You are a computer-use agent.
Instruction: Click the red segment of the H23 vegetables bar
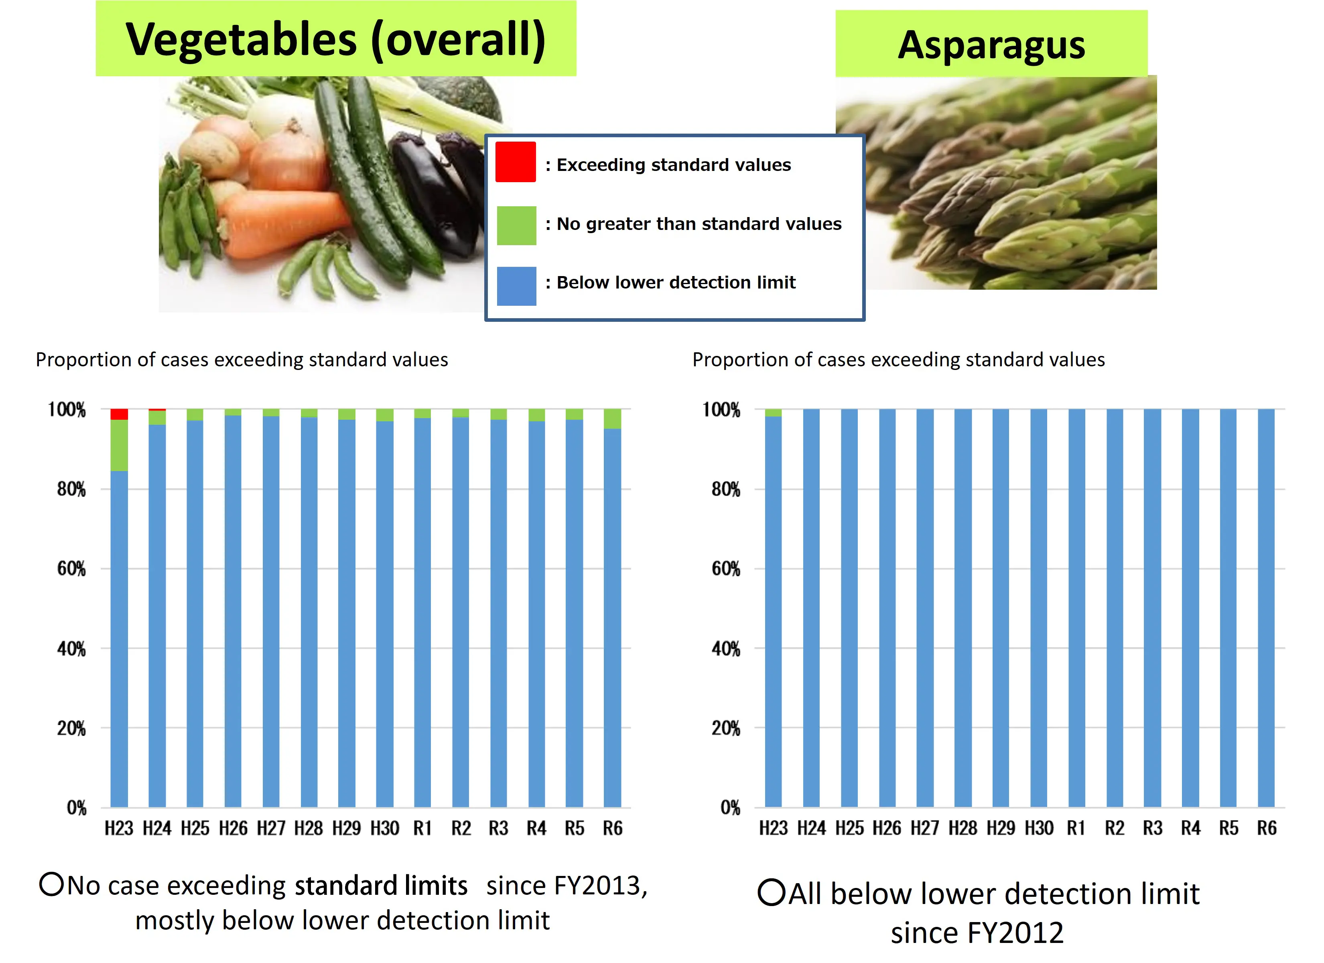coord(119,414)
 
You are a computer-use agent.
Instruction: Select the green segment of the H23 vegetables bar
coord(119,445)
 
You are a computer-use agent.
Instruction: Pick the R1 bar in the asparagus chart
coord(1076,607)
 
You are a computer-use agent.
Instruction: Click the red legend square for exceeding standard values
coord(516,162)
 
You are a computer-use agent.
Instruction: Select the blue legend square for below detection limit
coord(516,286)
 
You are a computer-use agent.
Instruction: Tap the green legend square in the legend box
coord(516,226)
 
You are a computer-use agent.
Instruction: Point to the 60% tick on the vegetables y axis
coord(71,569)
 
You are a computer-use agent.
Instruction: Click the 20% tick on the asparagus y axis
coord(726,728)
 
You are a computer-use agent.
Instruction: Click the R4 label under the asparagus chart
coord(1190,828)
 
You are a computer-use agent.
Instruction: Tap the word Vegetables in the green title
coord(240,40)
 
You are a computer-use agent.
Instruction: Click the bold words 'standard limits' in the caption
coord(381,886)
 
